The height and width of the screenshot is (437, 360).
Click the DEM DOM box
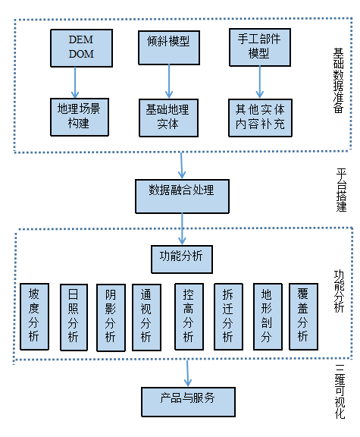click(x=80, y=47)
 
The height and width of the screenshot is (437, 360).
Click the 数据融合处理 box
click(x=182, y=196)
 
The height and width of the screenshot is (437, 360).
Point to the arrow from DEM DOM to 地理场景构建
click(x=75, y=81)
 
